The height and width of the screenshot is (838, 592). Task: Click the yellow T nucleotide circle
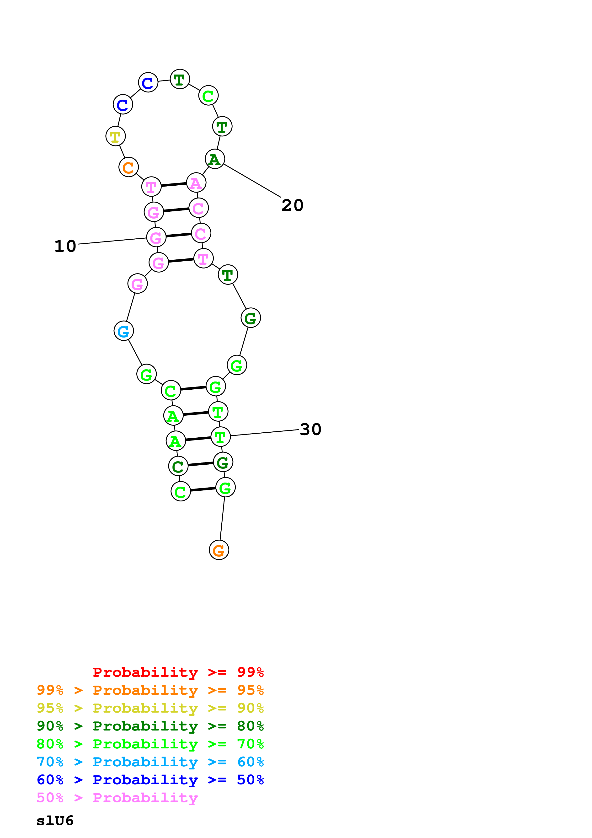(x=115, y=136)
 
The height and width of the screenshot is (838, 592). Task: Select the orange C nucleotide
(x=128, y=167)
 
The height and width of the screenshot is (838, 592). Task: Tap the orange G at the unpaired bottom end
(x=219, y=550)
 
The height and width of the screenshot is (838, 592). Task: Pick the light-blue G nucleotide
(x=124, y=331)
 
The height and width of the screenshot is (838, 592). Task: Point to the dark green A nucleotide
(x=215, y=159)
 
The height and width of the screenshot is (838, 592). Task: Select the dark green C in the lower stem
(x=178, y=466)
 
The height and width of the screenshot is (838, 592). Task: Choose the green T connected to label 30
(x=220, y=437)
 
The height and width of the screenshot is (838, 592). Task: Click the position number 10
(x=65, y=246)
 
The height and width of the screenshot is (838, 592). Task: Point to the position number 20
(x=292, y=205)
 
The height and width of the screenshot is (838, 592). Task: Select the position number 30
(x=310, y=429)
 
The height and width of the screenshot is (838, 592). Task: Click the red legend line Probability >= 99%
(x=178, y=672)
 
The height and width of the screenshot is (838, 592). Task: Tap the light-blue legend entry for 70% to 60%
(x=150, y=762)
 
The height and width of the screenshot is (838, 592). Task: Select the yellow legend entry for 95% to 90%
(x=150, y=708)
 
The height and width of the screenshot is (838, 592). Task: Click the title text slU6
(x=55, y=821)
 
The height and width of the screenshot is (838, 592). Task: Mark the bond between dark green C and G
(x=200, y=464)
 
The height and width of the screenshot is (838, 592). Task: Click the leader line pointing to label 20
(x=252, y=181)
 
